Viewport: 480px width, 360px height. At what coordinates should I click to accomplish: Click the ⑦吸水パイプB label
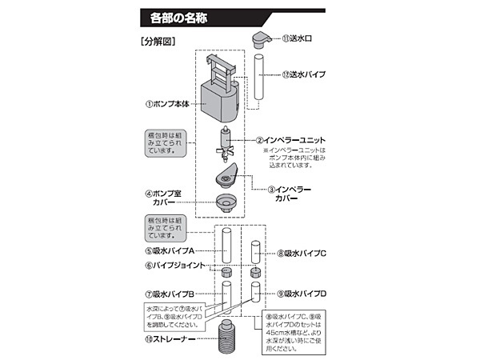pos(170,294)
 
